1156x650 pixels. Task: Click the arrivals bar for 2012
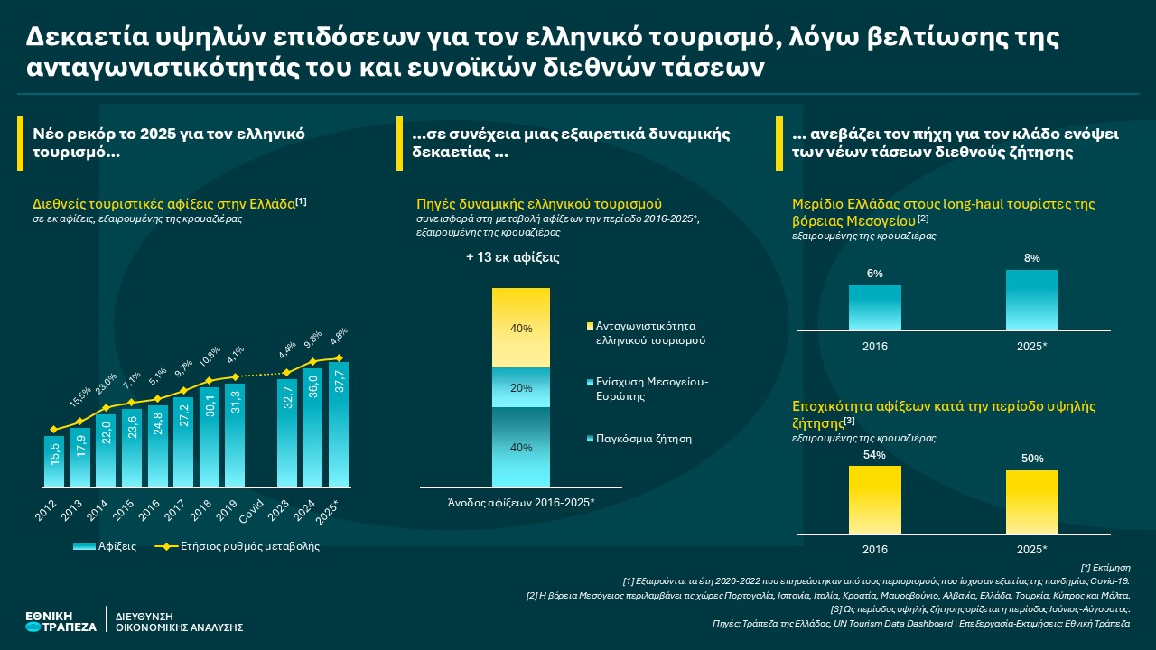54,461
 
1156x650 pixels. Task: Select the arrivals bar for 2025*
339,424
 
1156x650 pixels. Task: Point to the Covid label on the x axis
258,508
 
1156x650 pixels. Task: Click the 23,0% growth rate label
107,385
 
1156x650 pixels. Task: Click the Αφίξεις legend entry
105,546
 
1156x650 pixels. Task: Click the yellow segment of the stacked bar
520,328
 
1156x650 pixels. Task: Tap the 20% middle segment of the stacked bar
520,387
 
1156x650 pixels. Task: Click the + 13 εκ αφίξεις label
512,257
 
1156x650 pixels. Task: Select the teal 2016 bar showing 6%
874,308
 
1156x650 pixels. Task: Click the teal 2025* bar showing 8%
1031,300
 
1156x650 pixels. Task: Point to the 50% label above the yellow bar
1031,459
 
